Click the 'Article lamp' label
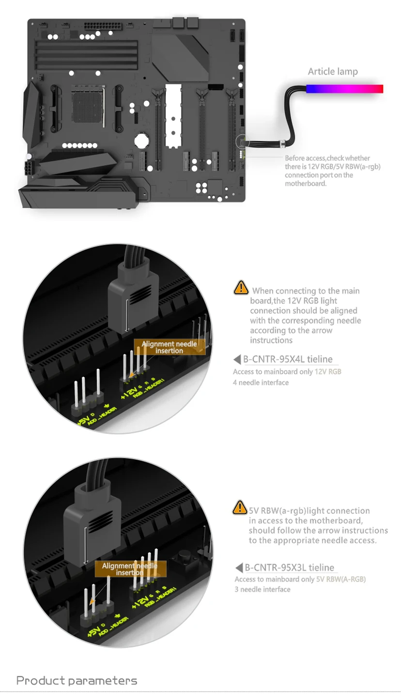point(333,72)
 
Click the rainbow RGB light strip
point(344,89)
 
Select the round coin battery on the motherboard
point(140,140)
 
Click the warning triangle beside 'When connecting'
point(241,287)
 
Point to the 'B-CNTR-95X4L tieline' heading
point(288,359)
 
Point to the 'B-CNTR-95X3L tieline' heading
point(289,568)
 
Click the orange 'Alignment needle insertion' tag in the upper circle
point(170,347)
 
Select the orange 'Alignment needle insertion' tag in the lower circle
point(130,569)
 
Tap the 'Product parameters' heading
point(77,681)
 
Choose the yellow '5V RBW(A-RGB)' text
point(341,579)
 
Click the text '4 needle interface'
point(261,382)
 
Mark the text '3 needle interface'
point(263,589)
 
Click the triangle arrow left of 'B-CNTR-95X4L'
point(237,360)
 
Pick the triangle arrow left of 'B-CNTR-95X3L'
point(239,568)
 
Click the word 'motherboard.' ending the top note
point(306,184)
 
